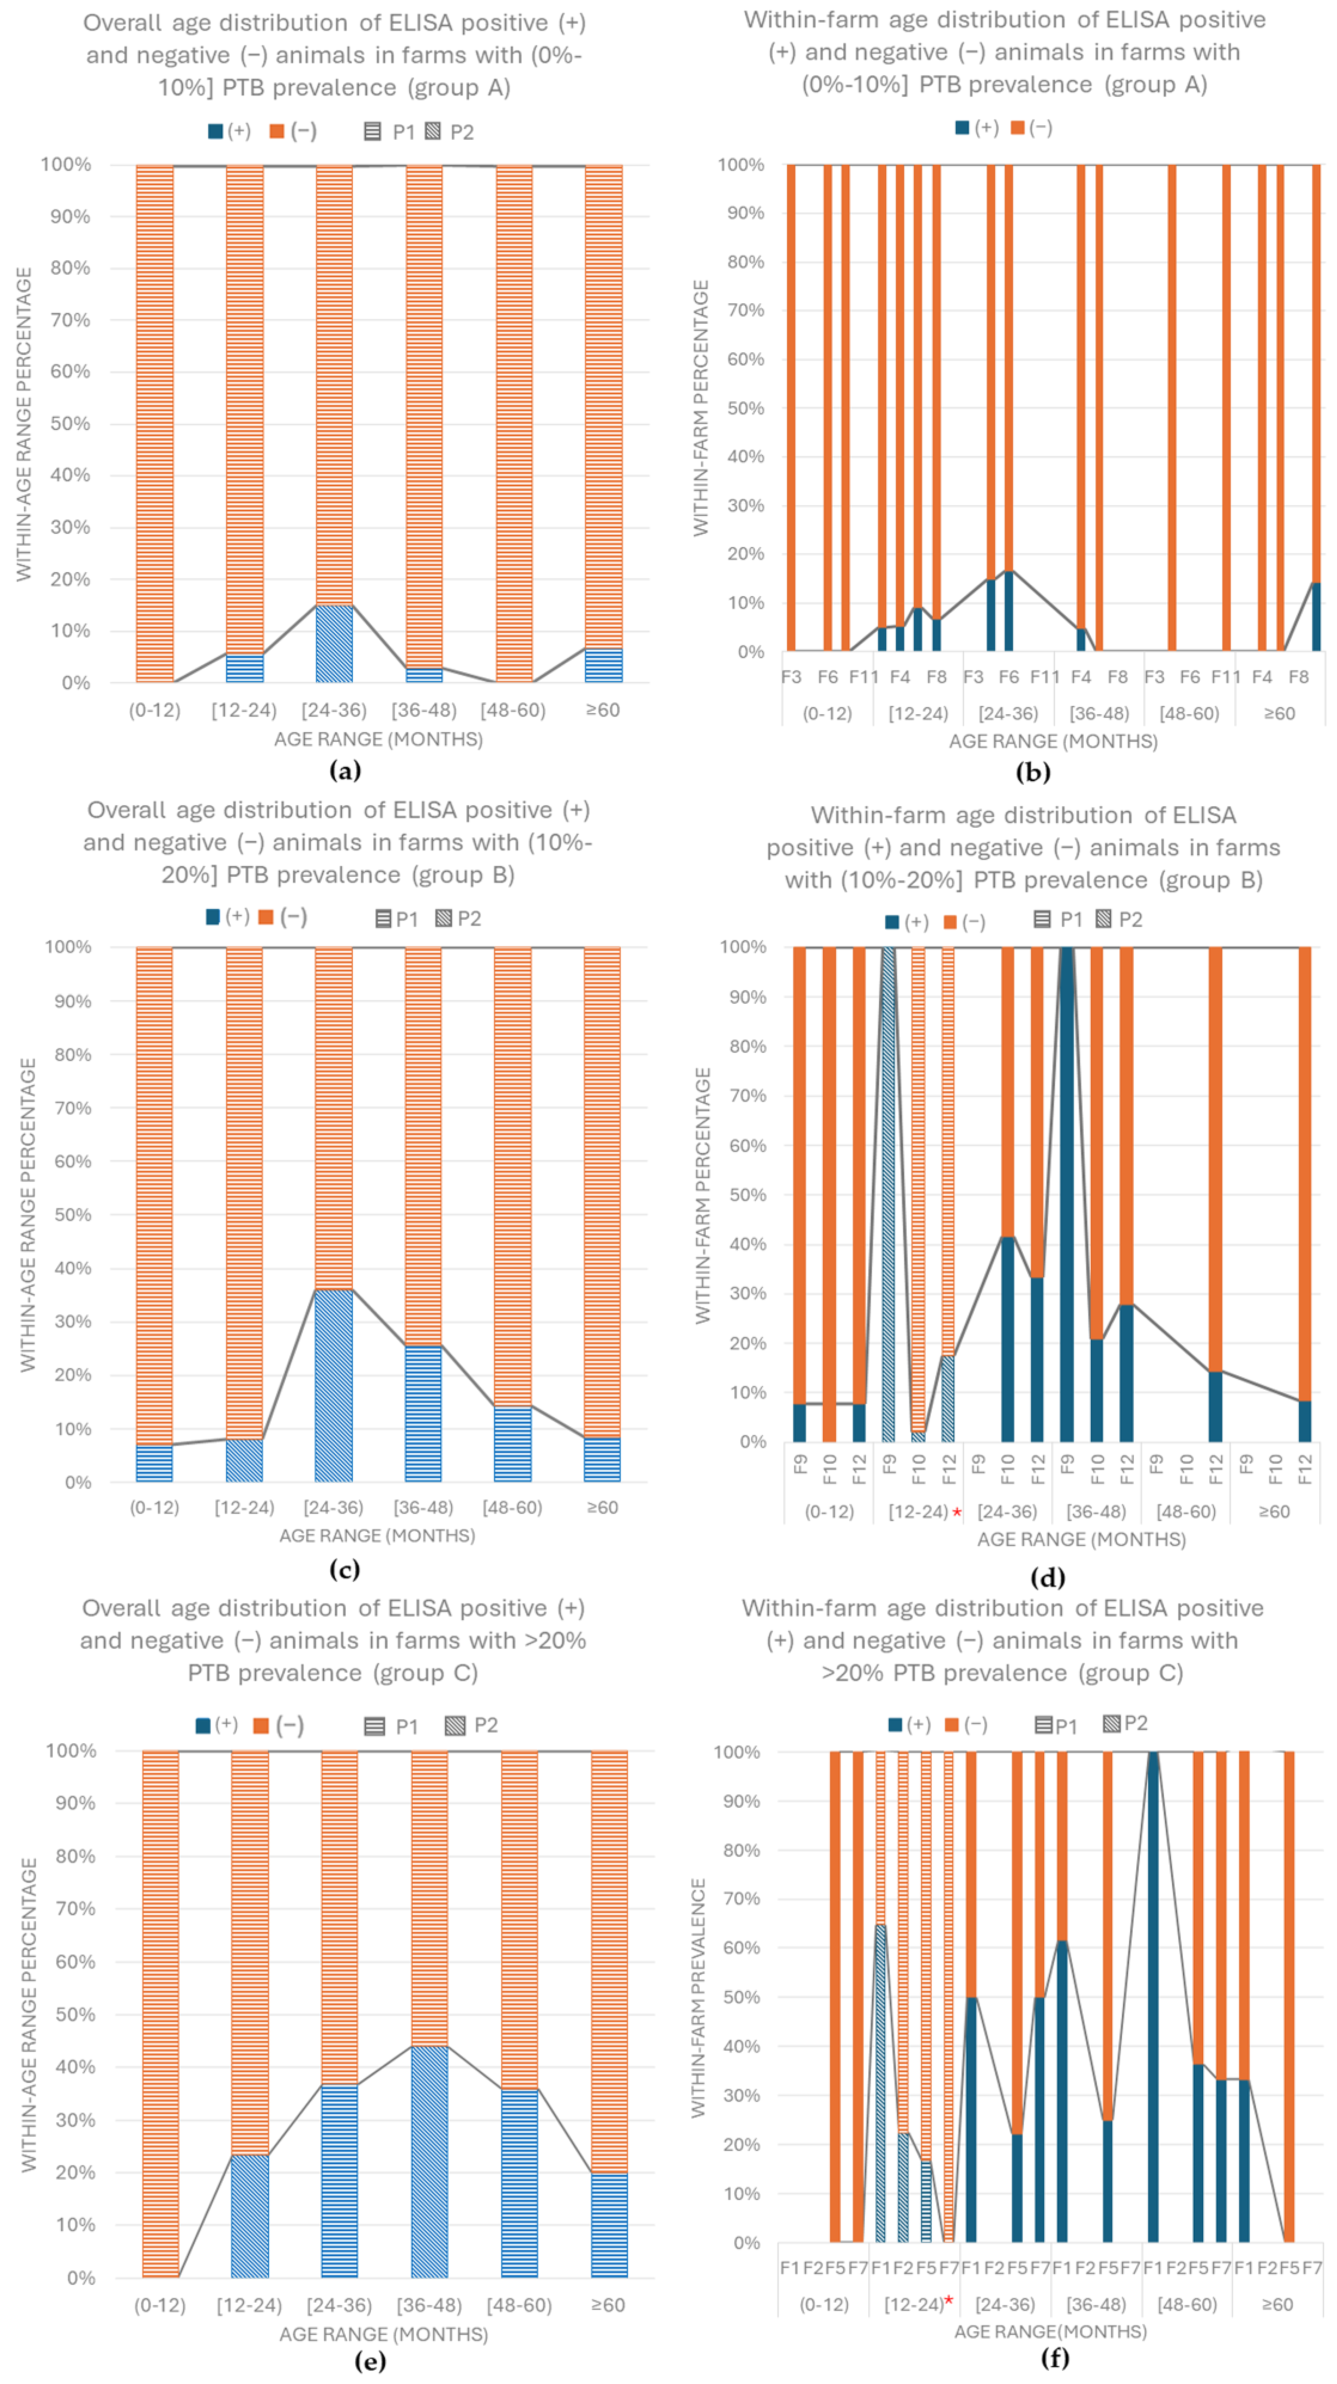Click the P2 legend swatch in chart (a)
tap(433, 131)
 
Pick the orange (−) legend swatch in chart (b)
tap(1018, 128)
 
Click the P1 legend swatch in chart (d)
tap(1041, 919)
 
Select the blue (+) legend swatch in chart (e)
tap(203, 1725)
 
